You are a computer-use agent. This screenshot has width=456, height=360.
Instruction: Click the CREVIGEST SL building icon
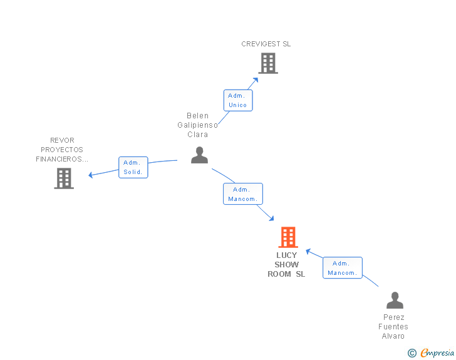[x=268, y=63]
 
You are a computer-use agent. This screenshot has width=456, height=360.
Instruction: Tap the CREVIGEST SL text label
[x=266, y=44]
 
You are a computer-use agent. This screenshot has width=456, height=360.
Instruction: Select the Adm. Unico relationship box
[x=238, y=100]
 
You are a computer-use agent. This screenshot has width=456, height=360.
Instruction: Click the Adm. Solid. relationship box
[x=133, y=167]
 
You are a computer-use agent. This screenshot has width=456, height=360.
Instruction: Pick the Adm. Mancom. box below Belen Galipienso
[x=243, y=194]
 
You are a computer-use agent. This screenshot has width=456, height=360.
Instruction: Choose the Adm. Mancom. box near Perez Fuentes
[x=343, y=267]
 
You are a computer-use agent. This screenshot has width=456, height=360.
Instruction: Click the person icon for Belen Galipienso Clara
[x=199, y=155]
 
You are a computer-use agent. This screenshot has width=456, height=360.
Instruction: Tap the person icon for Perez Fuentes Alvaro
[x=395, y=300]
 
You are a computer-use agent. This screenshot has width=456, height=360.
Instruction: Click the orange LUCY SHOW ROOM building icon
[x=288, y=237]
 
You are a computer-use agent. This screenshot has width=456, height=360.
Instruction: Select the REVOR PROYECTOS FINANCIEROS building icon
[x=64, y=178]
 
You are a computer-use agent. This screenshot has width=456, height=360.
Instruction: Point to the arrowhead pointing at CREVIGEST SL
[x=256, y=80]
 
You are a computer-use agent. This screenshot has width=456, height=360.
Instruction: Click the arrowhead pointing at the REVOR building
[x=90, y=175]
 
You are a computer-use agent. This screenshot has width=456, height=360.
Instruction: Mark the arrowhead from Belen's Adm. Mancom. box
[x=272, y=219]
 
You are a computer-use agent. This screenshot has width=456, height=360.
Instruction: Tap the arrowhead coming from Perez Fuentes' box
[x=308, y=251]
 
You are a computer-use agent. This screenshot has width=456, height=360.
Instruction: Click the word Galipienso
[x=197, y=125]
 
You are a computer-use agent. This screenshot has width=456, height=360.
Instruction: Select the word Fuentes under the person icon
[x=393, y=327]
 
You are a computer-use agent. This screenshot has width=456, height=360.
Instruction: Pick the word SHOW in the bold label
[x=286, y=265]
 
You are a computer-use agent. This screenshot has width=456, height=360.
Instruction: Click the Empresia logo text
[x=437, y=352]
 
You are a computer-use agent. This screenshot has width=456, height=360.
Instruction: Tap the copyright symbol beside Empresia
[x=412, y=353]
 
